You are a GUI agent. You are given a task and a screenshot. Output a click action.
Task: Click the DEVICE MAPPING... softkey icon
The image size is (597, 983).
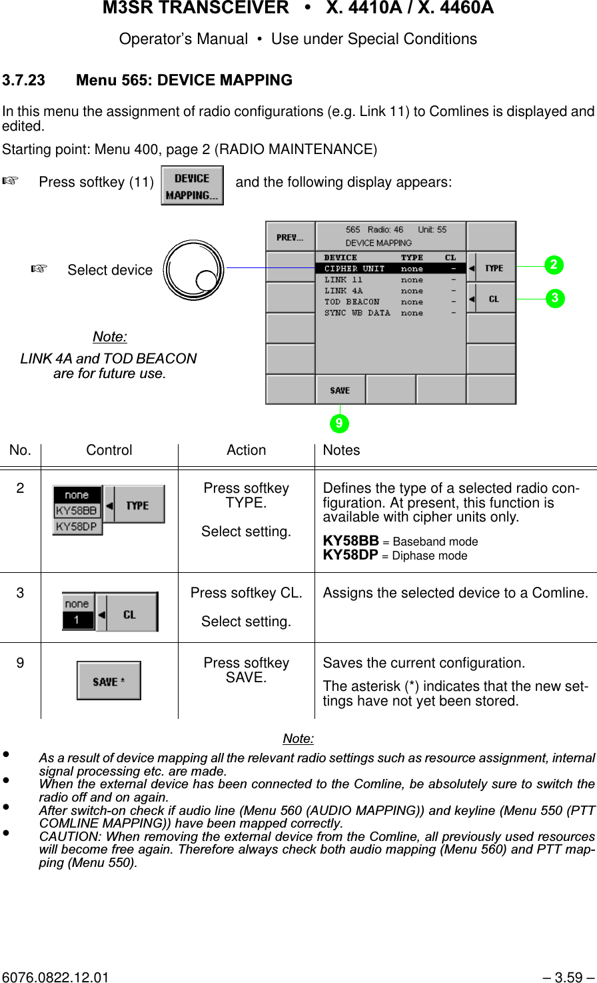(192, 185)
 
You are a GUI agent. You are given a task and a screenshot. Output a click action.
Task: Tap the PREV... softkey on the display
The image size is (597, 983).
(290, 237)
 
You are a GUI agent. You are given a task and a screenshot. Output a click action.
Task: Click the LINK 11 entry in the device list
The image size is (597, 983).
(344, 280)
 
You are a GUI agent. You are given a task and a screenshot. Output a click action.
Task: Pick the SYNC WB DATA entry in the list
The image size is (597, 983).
(357, 313)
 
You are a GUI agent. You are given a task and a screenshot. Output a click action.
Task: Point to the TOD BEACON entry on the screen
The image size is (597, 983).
(352, 302)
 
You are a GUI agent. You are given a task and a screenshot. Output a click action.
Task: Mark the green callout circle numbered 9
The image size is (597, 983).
(340, 423)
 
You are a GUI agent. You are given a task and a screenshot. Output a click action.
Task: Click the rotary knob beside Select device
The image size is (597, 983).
(194, 270)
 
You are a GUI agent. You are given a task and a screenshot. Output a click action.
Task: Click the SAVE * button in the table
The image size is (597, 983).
(109, 681)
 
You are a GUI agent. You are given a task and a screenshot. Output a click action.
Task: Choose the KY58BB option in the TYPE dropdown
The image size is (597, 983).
(77, 511)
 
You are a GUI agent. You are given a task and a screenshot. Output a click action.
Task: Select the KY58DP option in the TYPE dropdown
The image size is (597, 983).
(77, 526)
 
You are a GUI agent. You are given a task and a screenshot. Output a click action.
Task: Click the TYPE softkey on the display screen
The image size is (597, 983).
(492, 268)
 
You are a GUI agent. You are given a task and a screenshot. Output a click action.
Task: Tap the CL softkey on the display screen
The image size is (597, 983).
(492, 299)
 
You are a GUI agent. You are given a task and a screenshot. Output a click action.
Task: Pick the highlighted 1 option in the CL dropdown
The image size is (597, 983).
(77, 620)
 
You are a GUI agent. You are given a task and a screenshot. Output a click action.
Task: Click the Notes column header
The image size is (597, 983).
(341, 450)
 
